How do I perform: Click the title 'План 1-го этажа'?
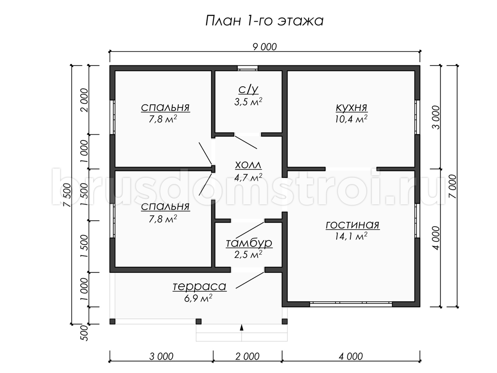[264, 21]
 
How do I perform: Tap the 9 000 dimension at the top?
[265, 47]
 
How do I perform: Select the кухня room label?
[351, 108]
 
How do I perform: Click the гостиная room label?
[352, 225]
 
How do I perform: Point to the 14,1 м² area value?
[351, 236]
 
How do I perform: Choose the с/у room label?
[248, 90]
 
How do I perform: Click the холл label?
[248, 165]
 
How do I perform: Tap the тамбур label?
[249, 243]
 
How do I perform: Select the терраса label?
[200, 286]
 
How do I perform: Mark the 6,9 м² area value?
[198, 298]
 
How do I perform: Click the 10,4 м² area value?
[351, 119]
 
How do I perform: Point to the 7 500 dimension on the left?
[67, 195]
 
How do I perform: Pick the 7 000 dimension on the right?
[453, 186]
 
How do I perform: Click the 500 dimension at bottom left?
[84, 333]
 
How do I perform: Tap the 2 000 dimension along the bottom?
[248, 357]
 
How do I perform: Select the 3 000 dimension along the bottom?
[162, 357]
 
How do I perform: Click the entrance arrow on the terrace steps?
[241, 327]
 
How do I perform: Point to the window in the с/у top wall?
[248, 68]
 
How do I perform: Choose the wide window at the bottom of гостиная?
[351, 304]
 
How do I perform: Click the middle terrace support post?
[198, 321]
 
